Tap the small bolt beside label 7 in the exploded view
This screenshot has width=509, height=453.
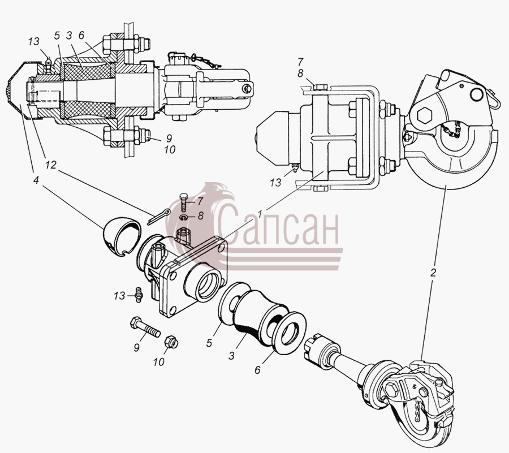click(x=183, y=202)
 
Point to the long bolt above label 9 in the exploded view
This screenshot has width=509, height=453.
click(x=145, y=328)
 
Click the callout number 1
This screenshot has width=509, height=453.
click(x=260, y=214)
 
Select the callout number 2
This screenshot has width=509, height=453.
click(x=433, y=273)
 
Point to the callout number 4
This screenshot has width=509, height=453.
click(x=36, y=180)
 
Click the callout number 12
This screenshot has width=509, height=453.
click(x=51, y=165)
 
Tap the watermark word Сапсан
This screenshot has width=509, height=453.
click(x=278, y=224)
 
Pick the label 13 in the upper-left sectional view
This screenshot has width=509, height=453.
click(x=33, y=41)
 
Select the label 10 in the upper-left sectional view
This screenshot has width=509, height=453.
click(x=170, y=150)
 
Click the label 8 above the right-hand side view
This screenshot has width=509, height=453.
click(x=300, y=74)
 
